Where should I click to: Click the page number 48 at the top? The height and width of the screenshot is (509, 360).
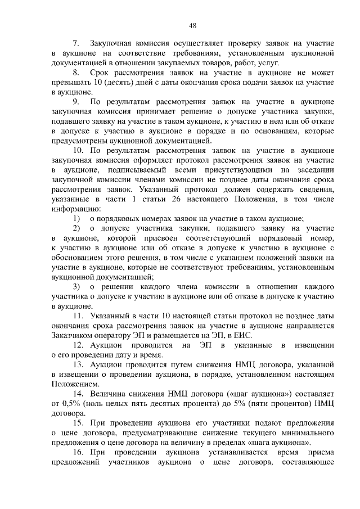click(192, 26)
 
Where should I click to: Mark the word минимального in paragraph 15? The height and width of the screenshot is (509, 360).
click(308, 434)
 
